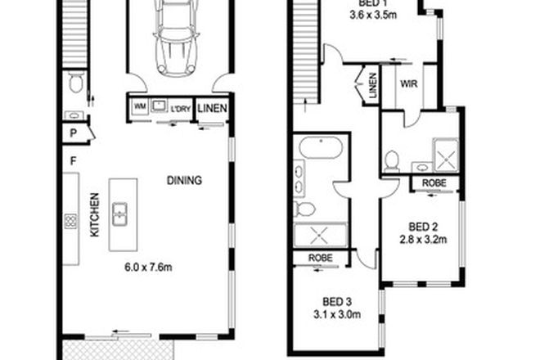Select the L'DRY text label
point(181,106)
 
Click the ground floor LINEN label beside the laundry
point(212,106)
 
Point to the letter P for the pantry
point(73,133)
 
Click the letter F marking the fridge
point(73,160)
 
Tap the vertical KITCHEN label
point(94,215)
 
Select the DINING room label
point(184,181)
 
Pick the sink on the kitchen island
point(119,214)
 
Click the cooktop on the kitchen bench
point(70,220)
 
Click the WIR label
point(410,83)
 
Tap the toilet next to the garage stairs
point(76,83)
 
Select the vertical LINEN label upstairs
point(373,84)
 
